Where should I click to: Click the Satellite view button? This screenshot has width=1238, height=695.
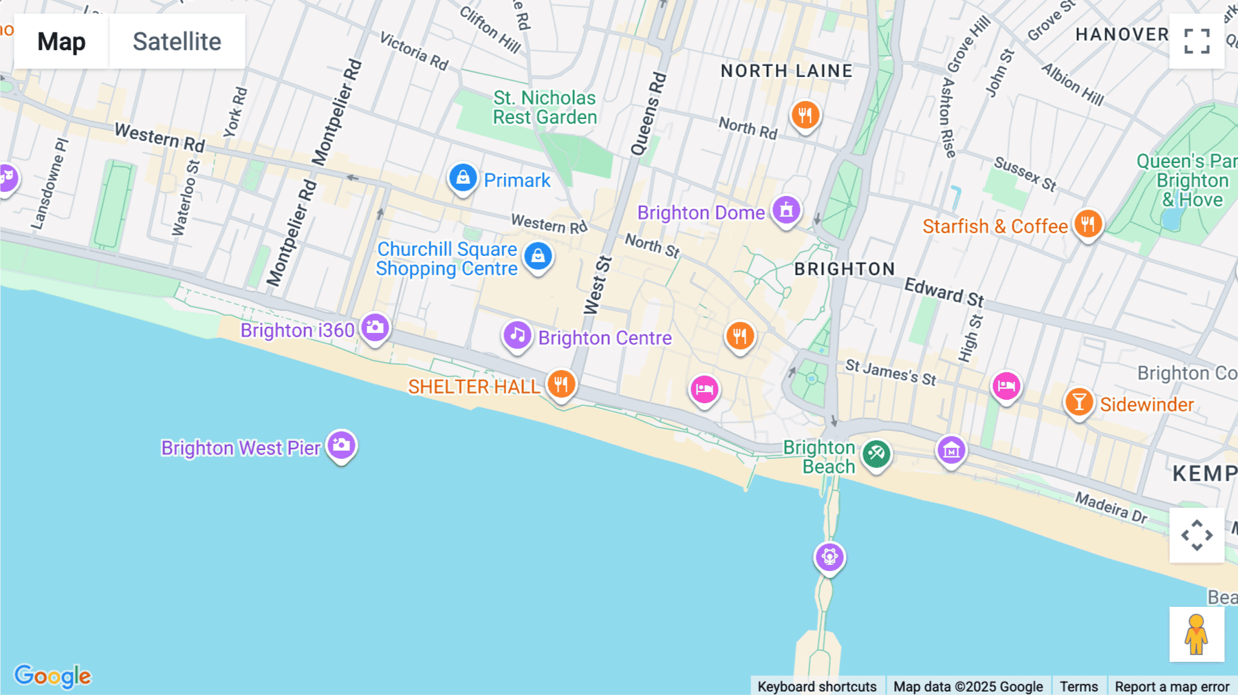[177, 41]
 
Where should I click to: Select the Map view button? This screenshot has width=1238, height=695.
[61, 41]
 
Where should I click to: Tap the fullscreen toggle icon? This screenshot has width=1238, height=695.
[1197, 41]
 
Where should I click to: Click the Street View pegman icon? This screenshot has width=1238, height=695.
[1197, 634]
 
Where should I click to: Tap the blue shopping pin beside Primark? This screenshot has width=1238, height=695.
[463, 178]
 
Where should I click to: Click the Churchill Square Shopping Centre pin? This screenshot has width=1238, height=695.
[538, 257]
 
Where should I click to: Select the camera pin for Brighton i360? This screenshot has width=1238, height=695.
[375, 328]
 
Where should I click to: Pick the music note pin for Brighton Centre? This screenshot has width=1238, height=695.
[517, 336]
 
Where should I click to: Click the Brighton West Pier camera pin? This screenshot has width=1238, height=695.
[341, 445]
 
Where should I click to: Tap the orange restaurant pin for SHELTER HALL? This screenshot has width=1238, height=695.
[561, 384]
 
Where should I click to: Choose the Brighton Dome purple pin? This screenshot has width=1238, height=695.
[786, 209]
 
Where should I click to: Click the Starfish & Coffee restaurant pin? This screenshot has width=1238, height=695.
[1087, 224]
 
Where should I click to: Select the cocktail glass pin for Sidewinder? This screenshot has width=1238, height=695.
[1079, 402]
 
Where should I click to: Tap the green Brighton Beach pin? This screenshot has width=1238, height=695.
[876, 454]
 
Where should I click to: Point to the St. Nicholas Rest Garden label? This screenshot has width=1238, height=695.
[545, 108]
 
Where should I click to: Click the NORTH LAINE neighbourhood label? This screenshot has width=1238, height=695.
[786, 71]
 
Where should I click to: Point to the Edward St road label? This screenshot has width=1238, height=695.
[944, 292]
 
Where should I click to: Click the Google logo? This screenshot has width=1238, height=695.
[53, 676]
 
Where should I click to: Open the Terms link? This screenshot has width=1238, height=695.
[1078, 686]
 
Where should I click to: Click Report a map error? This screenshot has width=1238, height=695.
[1172, 686]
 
